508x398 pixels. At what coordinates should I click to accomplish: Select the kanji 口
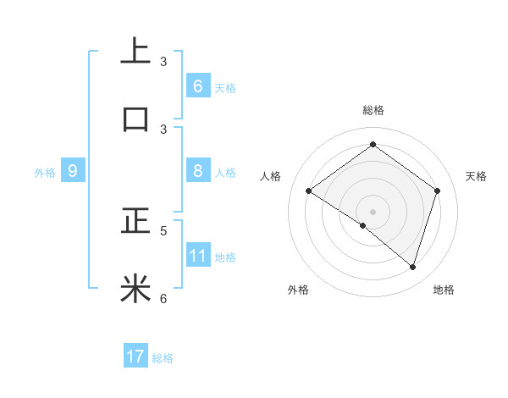point(135,119)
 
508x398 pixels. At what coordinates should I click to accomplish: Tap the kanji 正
point(135,222)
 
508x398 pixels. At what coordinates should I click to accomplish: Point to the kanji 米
point(135,289)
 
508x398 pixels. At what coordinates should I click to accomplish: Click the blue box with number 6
point(197,86)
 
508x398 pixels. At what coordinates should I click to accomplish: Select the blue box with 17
point(135,357)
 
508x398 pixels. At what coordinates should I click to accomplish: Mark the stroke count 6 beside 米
point(163,298)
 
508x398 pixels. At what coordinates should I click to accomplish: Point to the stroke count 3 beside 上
point(163,62)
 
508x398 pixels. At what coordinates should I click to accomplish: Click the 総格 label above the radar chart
point(373,110)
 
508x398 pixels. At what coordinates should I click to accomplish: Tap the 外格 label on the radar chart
point(298,290)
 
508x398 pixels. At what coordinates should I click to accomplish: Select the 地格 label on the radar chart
point(444,290)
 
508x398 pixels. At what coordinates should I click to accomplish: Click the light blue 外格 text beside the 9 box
point(45,173)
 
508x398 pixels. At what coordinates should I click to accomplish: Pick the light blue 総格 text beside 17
point(163,358)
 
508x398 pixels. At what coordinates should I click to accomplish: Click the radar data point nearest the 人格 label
point(309,191)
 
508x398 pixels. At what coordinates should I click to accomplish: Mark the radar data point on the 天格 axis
point(437,191)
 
